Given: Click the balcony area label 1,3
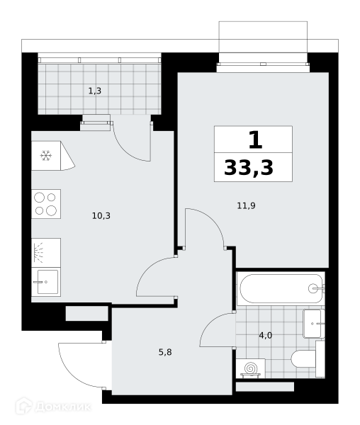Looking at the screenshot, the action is tap(95, 91).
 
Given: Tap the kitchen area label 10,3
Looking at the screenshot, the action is tap(101, 216).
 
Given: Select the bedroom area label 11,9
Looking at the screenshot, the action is tap(246, 206).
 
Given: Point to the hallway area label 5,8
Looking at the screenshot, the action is tap(165, 352).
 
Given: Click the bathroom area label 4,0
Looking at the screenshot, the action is tap(265, 336).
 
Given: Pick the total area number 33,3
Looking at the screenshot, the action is tap(249, 168).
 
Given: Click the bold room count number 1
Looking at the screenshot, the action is tap(255, 140).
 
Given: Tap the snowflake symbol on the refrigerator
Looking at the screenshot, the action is tap(46, 156).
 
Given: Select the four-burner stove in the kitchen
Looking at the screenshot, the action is tap(46, 204).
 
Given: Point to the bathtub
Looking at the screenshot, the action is tap(281, 289).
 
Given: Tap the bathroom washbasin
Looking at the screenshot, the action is tap(314, 324).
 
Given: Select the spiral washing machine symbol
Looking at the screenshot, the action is tap(250, 368).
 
